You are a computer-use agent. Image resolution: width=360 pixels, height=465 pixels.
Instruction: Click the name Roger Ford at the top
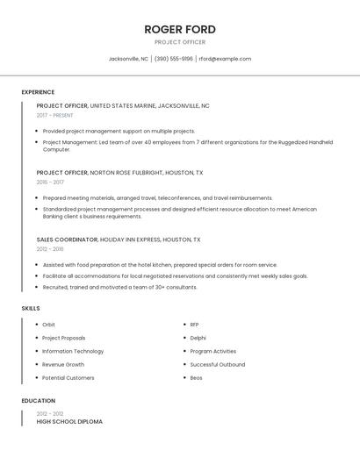[x=180, y=29]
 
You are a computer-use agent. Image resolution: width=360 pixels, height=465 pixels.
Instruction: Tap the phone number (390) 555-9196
[x=174, y=59]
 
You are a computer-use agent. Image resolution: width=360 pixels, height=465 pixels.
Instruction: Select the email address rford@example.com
[x=225, y=59]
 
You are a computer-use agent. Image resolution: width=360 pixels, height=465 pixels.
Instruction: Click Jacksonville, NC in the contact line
[x=128, y=59]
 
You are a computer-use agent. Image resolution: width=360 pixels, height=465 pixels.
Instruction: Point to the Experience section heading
[x=38, y=92]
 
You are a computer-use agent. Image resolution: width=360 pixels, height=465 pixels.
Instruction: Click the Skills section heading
[x=31, y=309]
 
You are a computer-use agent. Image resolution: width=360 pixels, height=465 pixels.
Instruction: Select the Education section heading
[x=39, y=401]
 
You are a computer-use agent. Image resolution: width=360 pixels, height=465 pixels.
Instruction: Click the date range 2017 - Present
[x=54, y=115]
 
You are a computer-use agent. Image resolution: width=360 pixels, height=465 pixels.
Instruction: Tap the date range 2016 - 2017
[x=50, y=182]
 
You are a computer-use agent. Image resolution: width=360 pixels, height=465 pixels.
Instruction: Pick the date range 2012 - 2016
[x=50, y=249]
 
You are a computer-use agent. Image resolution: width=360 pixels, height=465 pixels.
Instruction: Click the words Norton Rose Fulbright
[x=123, y=173]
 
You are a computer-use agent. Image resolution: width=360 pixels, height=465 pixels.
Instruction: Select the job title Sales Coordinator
[x=67, y=240]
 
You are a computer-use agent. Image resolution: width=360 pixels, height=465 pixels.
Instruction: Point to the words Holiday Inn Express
[x=130, y=240]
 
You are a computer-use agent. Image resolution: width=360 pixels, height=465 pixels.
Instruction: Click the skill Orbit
[x=48, y=325]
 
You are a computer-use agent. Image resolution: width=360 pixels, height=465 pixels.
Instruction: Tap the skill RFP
[x=195, y=325]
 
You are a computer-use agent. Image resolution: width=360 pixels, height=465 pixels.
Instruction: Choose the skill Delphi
[x=198, y=338]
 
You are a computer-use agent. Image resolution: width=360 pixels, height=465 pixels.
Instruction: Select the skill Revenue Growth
[x=63, y=364]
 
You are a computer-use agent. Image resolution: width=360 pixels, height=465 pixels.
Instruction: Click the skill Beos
[x=197, y=377]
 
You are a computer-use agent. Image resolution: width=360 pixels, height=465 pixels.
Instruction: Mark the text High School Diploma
[x=69, y=422]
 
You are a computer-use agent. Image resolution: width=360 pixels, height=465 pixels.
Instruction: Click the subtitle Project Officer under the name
[x=180, y=42]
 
